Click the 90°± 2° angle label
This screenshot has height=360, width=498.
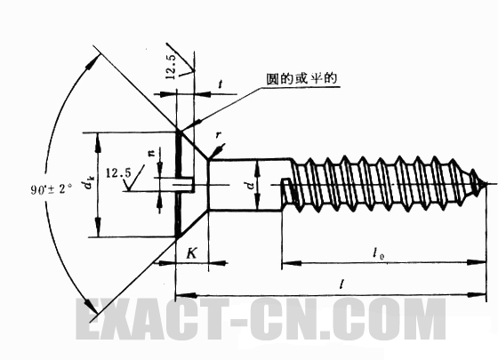pyautogui.click(x=51, y=189)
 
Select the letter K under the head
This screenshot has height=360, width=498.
pyautogui.click(x=191, y=253)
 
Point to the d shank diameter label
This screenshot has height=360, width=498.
pyautogui.click(x=251, y=185)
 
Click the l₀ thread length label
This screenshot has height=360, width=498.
pyautogui.click(x=378, y=253)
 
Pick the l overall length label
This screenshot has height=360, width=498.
pyautogui.click(x=341, y=284)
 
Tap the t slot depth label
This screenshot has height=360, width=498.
pyautogui.click(x=221, y=84)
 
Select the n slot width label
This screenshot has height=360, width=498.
pyautogui.click(x=153, y=153)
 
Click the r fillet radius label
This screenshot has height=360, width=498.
pyautogui.click(x=218, y=135)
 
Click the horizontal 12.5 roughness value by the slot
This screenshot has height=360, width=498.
pyautogui.click(x=118, y=173)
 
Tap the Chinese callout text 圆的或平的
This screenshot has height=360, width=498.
pyautogui.click(x=301, y=78)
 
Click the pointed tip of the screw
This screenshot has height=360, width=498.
pyautogui.click(x=486, y=184)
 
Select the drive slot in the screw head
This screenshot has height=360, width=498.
pyautogui.click(x=184, y=184)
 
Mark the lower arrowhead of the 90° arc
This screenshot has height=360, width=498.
pyautogui.click(x=90, y=306)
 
